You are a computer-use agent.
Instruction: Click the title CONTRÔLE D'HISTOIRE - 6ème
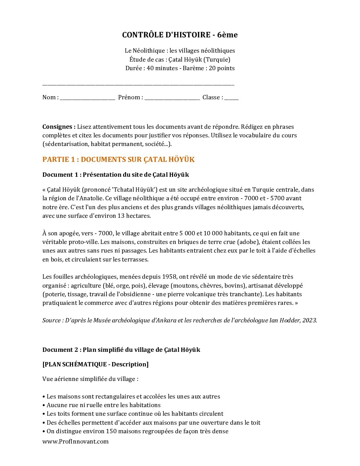point(180,35)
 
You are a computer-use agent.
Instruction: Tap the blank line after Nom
point(87,98)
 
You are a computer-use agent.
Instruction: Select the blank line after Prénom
point(172,98)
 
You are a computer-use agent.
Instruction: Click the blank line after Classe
point(231,98)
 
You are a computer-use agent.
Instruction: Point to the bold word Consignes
point(59,127)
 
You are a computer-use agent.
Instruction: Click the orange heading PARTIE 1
point(118,160)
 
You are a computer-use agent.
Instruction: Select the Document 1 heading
point(115,175)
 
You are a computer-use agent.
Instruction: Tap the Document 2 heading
point(121,350)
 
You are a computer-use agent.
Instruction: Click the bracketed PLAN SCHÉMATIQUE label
point(95,364)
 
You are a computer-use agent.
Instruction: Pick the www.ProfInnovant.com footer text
point(75,442)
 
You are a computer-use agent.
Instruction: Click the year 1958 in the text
point(169,277)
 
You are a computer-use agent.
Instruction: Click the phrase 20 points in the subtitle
point(222,68)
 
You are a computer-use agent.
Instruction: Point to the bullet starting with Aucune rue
point(103,405)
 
